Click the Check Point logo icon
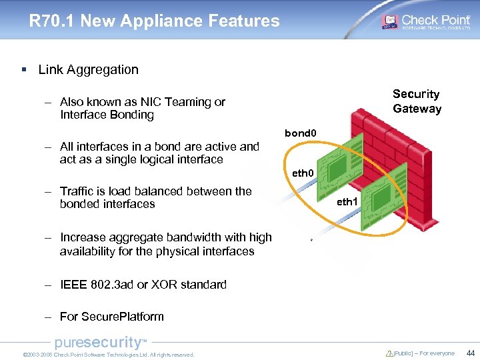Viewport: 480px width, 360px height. coord(389,21)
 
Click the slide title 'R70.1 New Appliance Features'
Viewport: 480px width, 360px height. coord(154,21)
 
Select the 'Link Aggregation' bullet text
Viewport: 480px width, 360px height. coord(89,69)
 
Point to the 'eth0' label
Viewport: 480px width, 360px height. coord(303,173)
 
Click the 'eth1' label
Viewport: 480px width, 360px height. coord(347,201)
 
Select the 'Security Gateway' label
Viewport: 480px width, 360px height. coord(417,101)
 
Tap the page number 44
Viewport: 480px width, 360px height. coord(470,353)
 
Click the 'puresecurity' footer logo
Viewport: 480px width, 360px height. coord(100,343)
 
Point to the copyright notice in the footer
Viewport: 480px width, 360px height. coord(108,355)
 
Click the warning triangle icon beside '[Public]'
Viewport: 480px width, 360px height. coord(389,353)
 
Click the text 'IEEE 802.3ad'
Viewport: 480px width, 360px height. coord(97,285)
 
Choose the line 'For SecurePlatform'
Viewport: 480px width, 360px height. coord(111,317)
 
